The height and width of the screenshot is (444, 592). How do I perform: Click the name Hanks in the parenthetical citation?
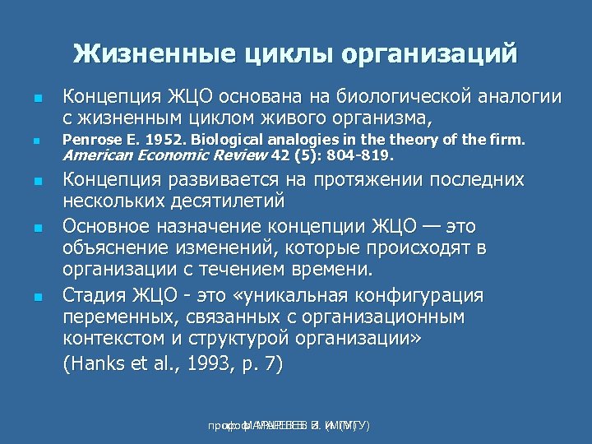(96, 364)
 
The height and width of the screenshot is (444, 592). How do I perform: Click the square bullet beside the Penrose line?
(35, 141)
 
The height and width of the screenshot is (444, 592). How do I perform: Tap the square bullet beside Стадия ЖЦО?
(35, 296)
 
